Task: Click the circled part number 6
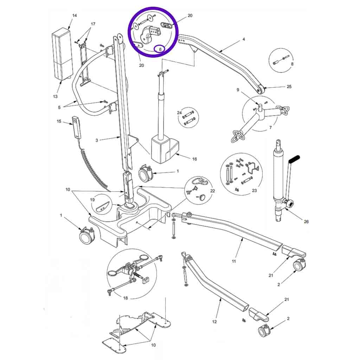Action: point(160,49)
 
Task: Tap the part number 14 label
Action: point(75,15)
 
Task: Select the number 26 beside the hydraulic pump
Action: point(306,221)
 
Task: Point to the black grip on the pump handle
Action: point(294,159)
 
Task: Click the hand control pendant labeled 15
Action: point(76,128)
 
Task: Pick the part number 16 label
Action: point(194,159)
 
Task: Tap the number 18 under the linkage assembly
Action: point(126,298)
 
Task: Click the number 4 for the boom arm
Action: point(244,39)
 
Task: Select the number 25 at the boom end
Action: point(289,86)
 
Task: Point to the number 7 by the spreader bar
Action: point(270,127)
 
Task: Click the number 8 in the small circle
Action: point(292,64)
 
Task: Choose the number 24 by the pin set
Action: point(179,113)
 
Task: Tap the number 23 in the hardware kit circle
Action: point(254,190)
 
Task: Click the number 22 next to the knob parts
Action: point(212,191)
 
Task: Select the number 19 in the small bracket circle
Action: point(92,200)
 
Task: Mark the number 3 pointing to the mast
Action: point(97,140)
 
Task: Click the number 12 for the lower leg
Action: point(214,322)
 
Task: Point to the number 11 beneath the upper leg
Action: point(234,261)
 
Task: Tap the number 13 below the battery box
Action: point(55,96)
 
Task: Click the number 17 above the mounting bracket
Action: point(93,24)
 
